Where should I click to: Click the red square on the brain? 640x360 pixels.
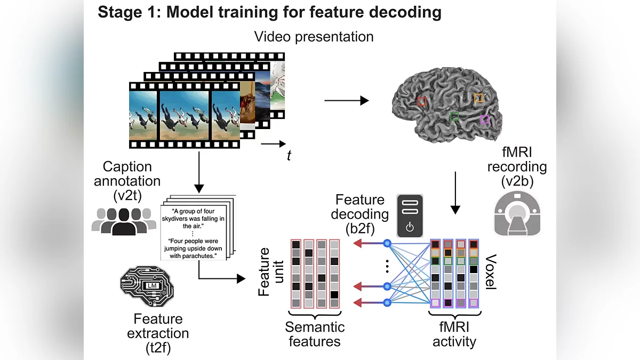421,101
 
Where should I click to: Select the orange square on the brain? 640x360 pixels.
478,98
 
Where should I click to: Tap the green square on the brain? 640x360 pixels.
454,116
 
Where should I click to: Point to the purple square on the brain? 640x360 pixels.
484,119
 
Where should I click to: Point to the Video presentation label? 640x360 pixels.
314,37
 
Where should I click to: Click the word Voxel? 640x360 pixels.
491,273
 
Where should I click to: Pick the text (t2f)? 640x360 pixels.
158,347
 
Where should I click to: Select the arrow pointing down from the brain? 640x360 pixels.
455,192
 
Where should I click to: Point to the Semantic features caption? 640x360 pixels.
315,334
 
